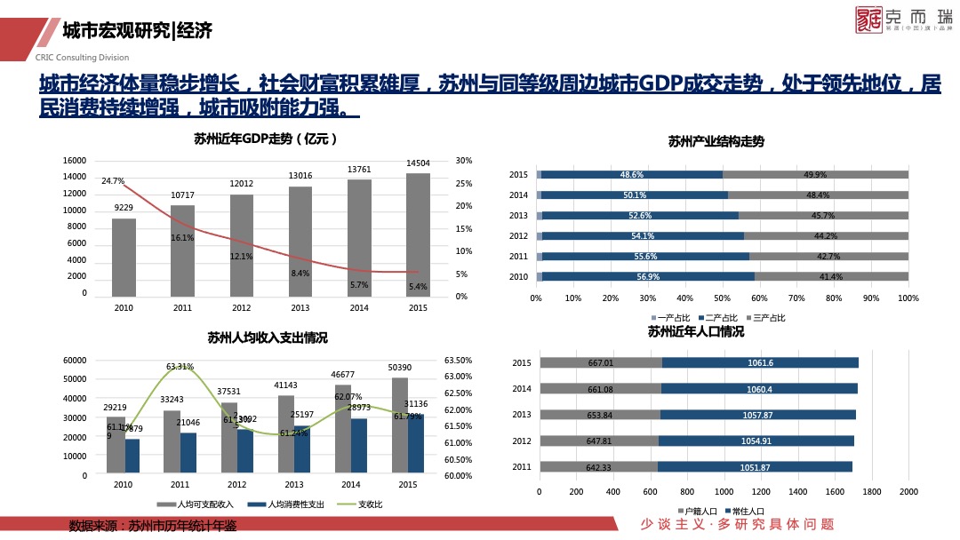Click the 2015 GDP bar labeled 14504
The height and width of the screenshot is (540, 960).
click(x=418, y=234)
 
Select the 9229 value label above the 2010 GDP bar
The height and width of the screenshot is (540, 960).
click(x=124, y=208)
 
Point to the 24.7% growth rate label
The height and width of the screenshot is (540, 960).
click(x=113, y=181)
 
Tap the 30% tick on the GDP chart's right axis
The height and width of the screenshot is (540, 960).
click(x=462, y=161)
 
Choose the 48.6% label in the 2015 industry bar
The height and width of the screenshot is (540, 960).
click(x=632, y=175)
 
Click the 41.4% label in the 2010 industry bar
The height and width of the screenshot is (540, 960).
click(x=831, y=277)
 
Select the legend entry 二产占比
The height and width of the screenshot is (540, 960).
click(x=719, y=318)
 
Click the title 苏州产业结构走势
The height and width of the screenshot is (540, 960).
click(x=716, y=141)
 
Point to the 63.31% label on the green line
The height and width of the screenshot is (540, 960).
click(x=180, y=366)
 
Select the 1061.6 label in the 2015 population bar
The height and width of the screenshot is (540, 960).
click(x=760, y=362)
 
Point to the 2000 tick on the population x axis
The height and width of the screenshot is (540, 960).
click(x=908, y=491)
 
